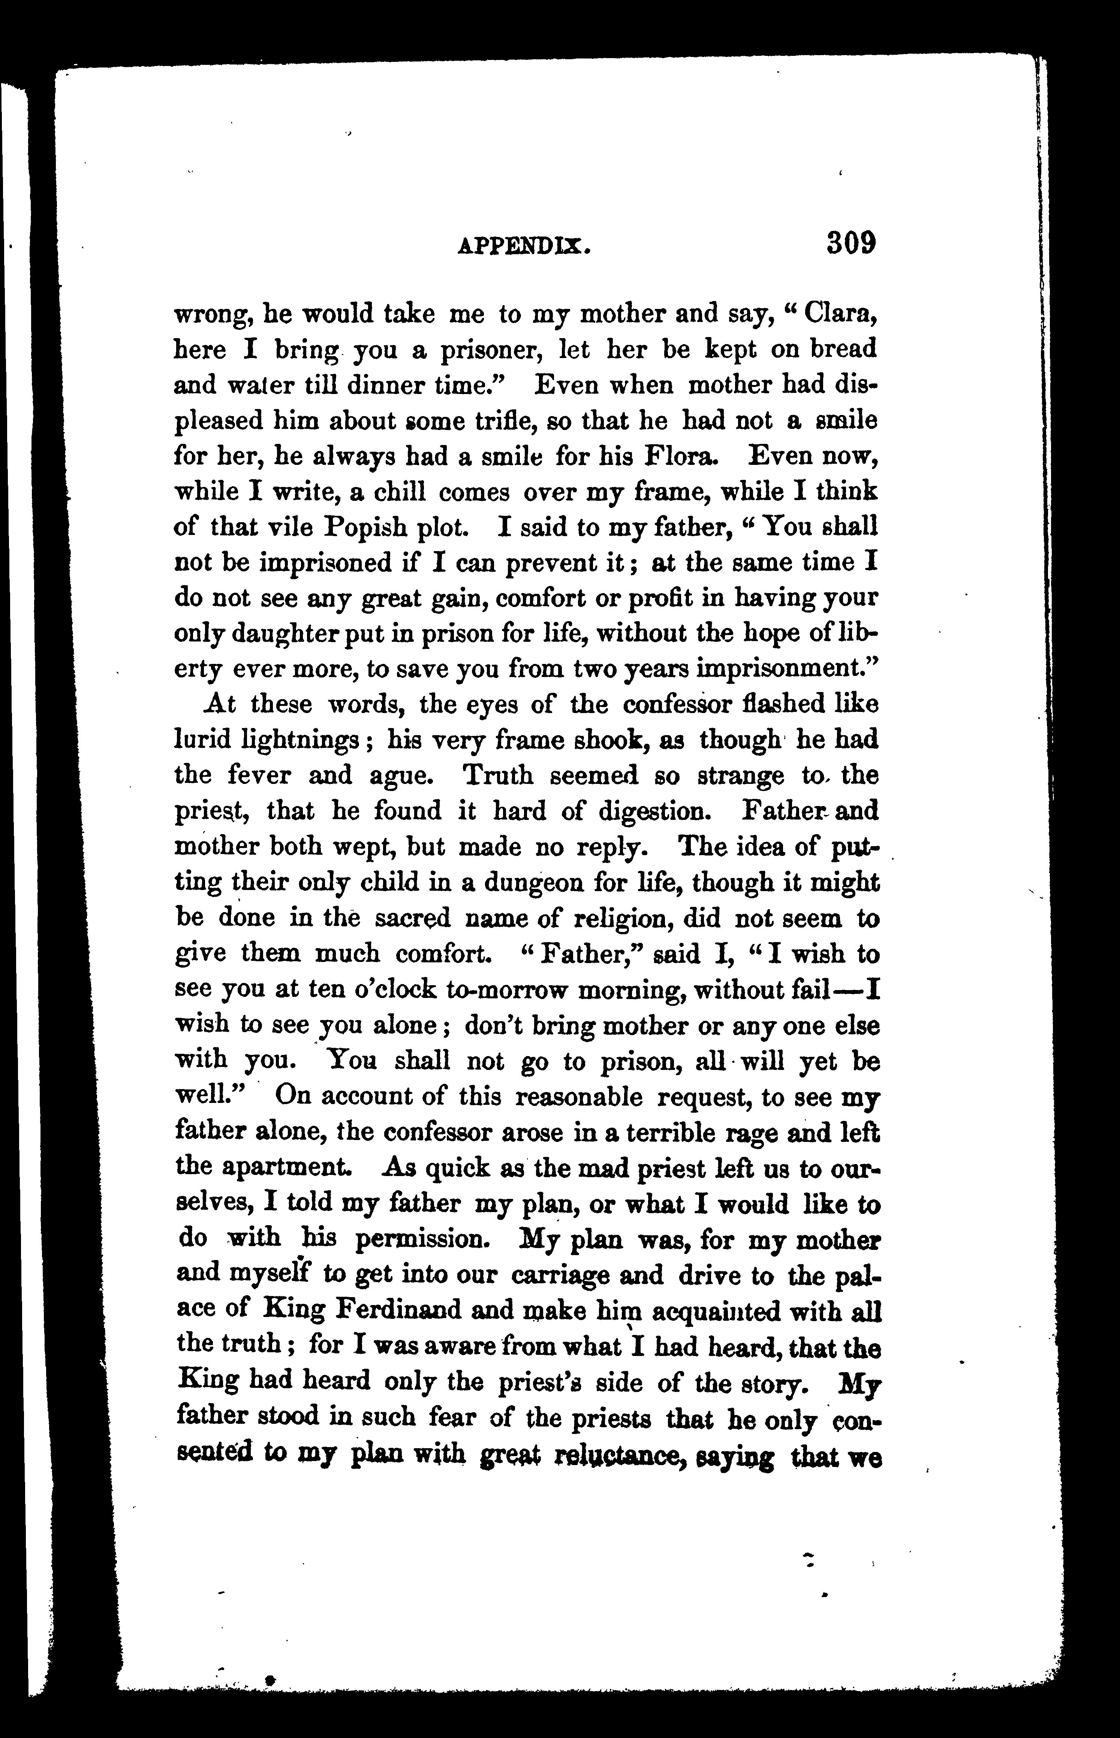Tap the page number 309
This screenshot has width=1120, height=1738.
click(x=851, y=242)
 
